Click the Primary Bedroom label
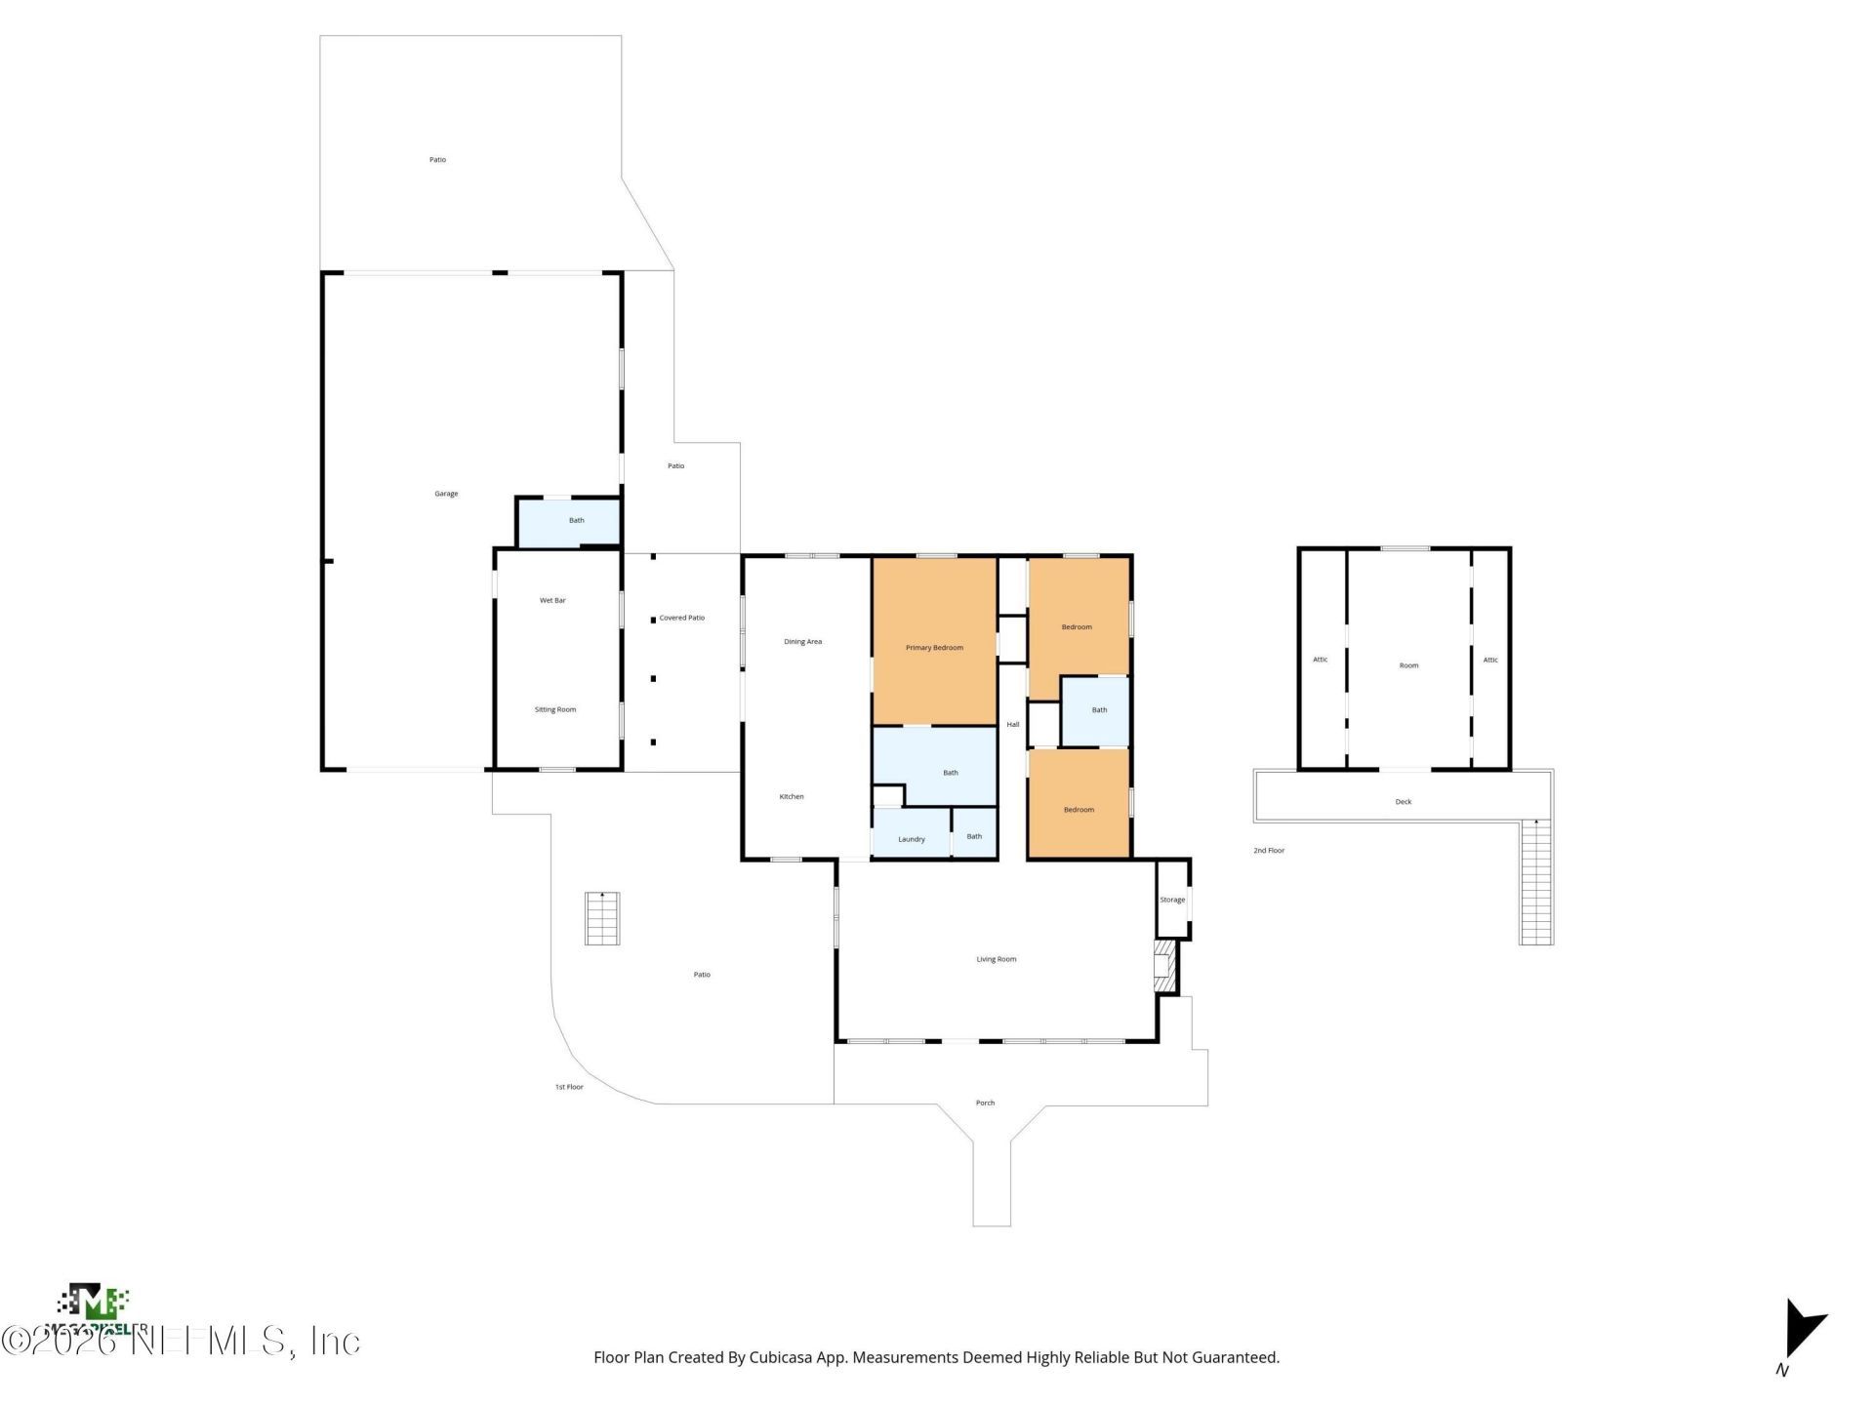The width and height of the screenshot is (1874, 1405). tap(934, 648)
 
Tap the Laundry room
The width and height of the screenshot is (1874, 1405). tap(911, 839)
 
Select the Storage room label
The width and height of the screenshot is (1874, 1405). tap(1172, 900)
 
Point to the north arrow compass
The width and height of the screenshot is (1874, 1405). tap(1800, 1333)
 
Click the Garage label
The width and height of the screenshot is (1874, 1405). tap(446, 494)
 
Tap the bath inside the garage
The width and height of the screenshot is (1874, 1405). tap(576, 521)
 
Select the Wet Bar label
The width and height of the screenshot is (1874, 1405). tap(552, 601)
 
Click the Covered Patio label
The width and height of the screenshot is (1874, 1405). tap(681, 618)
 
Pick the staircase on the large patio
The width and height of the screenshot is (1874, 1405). tap(602, 918)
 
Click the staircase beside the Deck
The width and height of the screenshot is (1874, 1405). tap(1535, 882)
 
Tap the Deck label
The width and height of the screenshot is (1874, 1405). tap(1403, 802)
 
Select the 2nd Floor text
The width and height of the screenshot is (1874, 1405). tap(1269, 851)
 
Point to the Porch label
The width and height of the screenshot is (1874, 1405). tap(985, 1104)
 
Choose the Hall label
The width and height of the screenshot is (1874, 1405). tap(1012, 725)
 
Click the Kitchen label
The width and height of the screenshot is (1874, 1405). tap(792, 797)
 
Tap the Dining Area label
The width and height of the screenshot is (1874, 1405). tap(802, 642)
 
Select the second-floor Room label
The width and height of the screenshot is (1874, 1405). tap(1408, 665)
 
